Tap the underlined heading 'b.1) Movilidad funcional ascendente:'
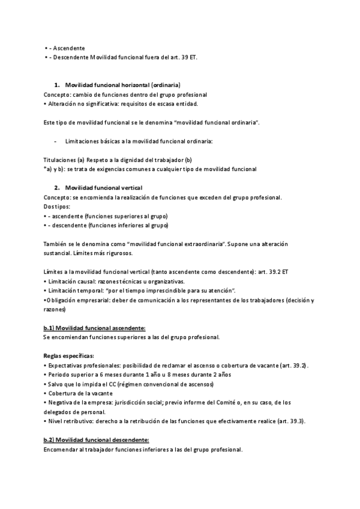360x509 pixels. click(x=95, y=328)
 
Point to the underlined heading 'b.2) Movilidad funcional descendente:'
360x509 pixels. click(x=95, y=440)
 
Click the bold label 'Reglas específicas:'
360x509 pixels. click(x=68, y=356)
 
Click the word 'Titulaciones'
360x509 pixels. click(x=59, y=160)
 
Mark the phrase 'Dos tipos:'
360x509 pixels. click(x=57, y=206)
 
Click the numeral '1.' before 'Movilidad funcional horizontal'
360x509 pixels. click(x=57, y=85)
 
